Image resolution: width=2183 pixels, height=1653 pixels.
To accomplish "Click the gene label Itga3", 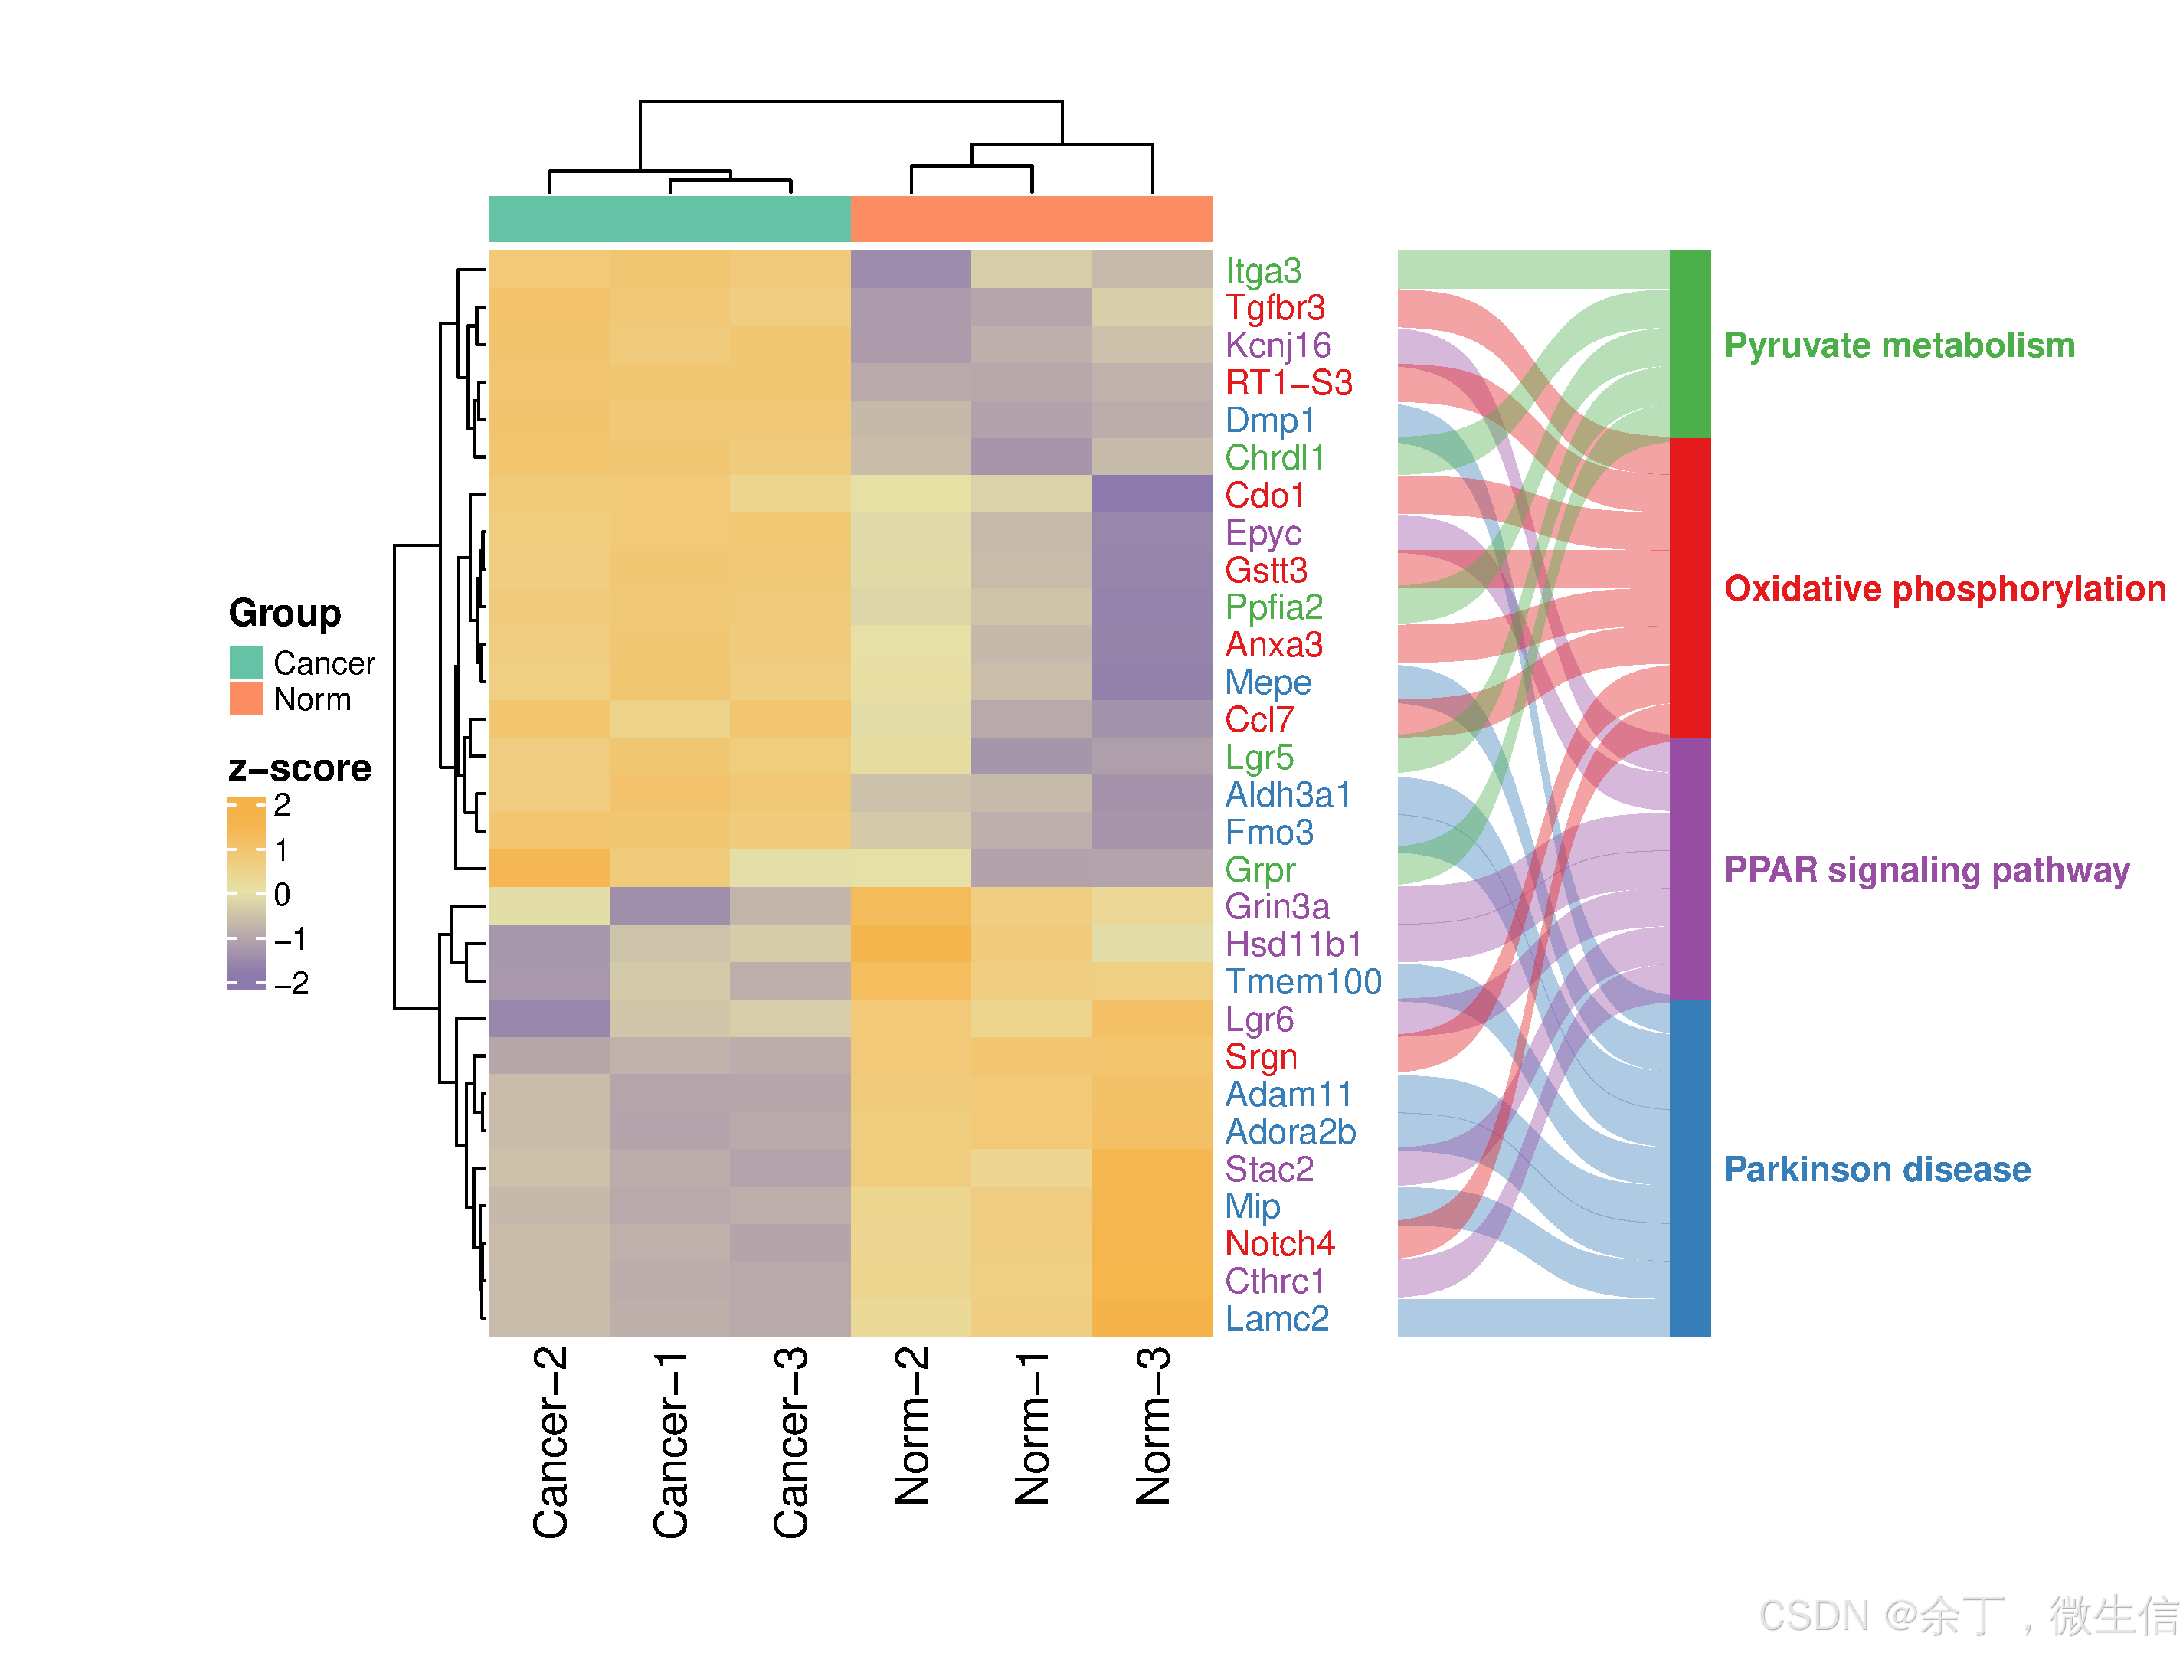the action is [x=1262, y=271].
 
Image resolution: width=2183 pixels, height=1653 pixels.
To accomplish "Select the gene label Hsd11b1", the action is [x=1293, y=944].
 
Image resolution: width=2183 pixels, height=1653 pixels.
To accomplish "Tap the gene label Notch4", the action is [x=1279, y=1243].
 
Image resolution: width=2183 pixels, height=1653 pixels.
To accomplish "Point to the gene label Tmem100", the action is [x=1303, y=982].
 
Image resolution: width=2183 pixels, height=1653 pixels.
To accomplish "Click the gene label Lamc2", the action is [x=1276, y=1318].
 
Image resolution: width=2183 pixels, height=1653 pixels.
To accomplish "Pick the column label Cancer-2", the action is [x=551, y=1442].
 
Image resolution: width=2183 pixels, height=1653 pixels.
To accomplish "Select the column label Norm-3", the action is [x=1153, y=1426].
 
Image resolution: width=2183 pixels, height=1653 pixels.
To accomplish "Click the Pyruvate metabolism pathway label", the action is [x=1899, y=345].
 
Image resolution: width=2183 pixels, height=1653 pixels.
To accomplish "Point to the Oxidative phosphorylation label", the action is [x=1944, y=588].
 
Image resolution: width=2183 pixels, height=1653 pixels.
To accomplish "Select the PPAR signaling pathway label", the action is [x=1926, y=869].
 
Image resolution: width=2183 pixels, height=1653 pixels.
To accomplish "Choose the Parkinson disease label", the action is [x=1877, y=1170].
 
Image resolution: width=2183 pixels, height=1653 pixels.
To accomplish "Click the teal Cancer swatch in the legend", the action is [x=246, y=662].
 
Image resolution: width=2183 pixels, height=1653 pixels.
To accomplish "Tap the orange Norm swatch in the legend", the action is [x=246, y=699].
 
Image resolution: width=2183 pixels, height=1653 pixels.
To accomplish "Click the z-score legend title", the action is [x=300, y=768].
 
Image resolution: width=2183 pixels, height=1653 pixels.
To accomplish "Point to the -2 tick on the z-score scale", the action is [x=290, y=983].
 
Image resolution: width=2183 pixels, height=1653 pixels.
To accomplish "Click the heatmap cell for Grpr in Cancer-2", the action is [x=548, y=869].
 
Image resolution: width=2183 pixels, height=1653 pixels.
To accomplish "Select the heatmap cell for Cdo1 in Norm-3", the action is [x=1153, y=493].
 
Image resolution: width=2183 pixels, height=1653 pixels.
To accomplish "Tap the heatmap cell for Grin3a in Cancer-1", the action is [x=670, y=906].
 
